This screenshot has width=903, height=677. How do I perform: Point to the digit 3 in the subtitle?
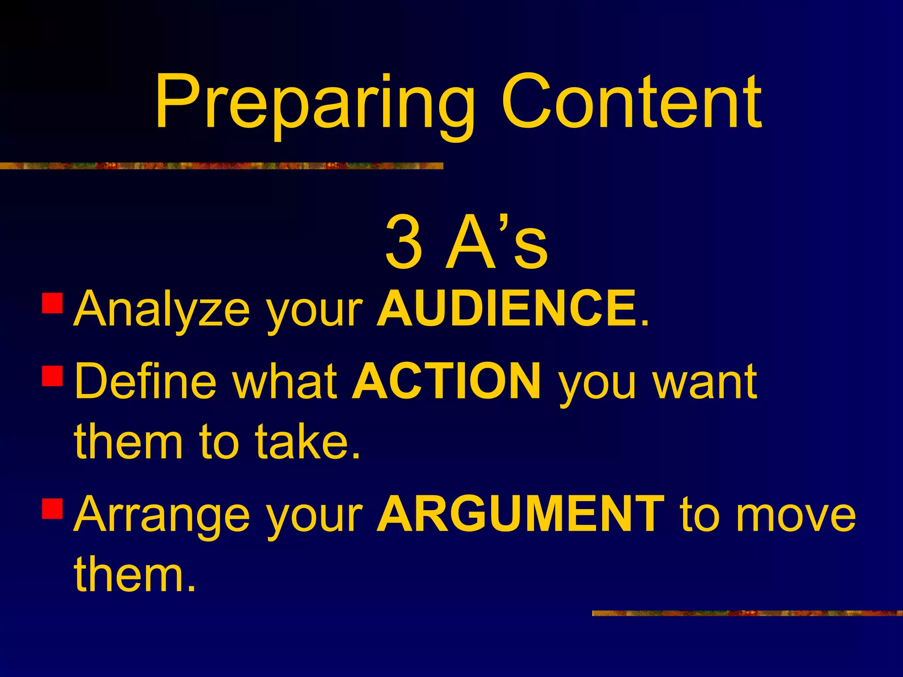[403, 242]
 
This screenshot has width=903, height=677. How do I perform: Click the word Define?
[146, 381]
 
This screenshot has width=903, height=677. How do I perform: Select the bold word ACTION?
[447, 381]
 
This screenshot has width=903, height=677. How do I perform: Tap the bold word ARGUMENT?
[521, 514]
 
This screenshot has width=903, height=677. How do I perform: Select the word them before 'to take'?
[128, 441]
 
